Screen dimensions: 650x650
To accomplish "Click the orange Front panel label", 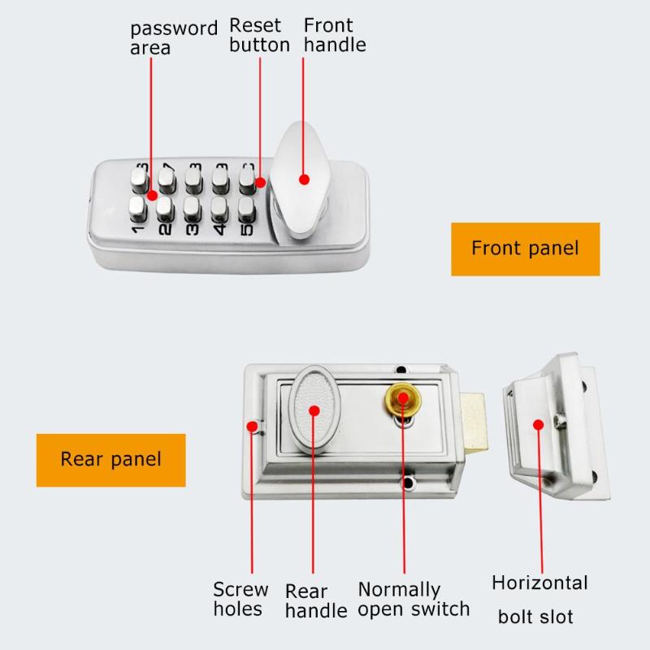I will click(525, 249).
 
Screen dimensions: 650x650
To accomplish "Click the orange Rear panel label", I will click(110, 459).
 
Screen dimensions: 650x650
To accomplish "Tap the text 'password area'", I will click(173, 37).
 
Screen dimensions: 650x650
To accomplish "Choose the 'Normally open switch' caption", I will click(414, 599).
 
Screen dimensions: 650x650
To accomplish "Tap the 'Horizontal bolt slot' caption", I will click(539, 599).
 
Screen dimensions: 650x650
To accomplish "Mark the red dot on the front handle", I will click(305, 180).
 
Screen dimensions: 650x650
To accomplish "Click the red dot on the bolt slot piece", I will click(537, 423).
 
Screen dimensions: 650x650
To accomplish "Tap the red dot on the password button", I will click(152, 196).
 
